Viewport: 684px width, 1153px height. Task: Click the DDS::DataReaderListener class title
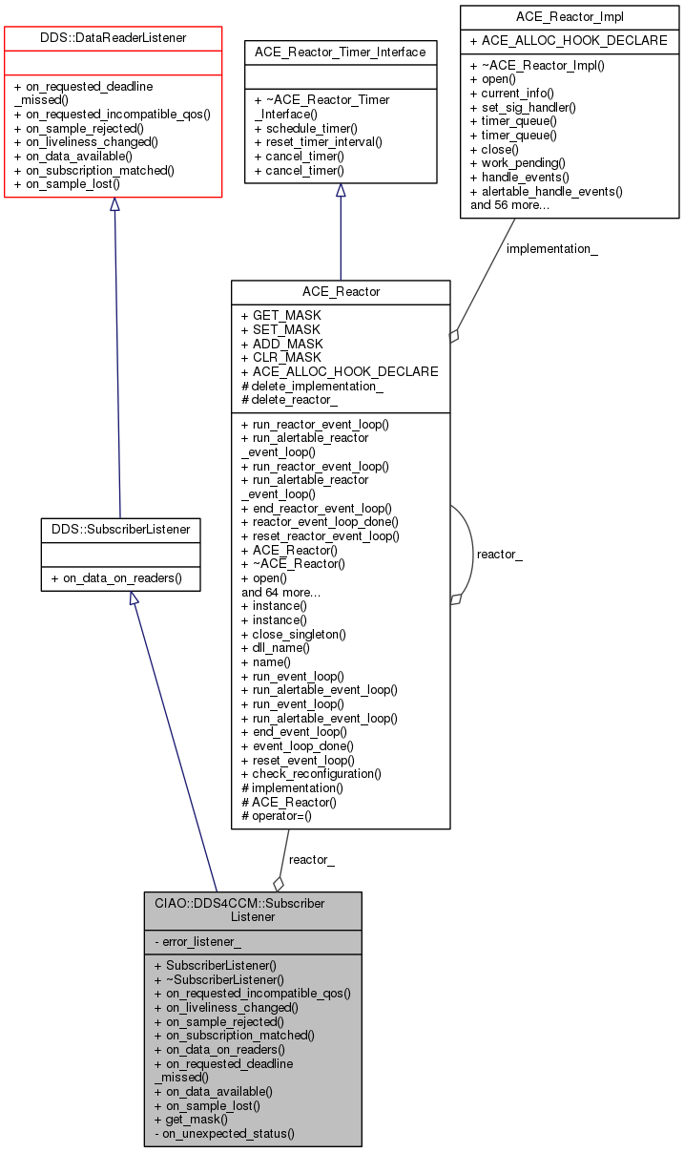click(114, 37)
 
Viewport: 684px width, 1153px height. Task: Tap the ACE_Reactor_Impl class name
click(569, 16)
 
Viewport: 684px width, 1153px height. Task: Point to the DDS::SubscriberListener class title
click(120, 528)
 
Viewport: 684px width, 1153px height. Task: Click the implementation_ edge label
click(552, 249)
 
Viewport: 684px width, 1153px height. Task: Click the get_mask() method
click(197, 1119)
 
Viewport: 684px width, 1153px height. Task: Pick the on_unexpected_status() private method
click(224, 1133)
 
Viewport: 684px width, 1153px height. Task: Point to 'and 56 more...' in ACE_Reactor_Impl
click(509, 204)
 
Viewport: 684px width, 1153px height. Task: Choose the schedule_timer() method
click(311, 128)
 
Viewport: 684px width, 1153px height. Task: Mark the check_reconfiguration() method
click(316, 773)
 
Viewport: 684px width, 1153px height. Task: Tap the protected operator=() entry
click(282, 815)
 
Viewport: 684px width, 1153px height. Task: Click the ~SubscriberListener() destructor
click(226, 979)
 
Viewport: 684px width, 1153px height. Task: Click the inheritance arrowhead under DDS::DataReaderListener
click(114, 204)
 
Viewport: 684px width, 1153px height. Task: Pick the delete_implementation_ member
click(318, 386)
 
